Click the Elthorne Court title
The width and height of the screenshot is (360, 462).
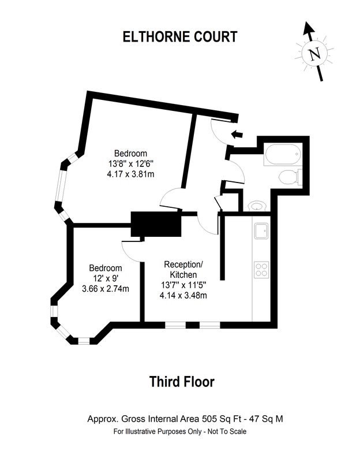[180, 37]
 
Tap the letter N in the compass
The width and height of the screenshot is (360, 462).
[314, 54]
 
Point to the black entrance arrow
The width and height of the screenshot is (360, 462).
[237, 135]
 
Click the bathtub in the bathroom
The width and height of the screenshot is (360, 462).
[283, 154]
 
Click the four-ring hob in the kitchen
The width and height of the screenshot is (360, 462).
[261, 270]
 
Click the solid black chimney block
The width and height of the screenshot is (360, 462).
[156, 224]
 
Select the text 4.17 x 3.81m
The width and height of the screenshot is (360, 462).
[131, 174]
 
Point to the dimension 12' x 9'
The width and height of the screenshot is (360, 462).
[106, 278]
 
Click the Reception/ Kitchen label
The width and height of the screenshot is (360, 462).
[183, 269]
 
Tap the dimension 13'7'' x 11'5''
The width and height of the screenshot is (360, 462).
[183, 285]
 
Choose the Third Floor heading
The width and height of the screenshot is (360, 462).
[182, 382]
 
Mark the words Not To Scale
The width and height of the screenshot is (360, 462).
[227, 431]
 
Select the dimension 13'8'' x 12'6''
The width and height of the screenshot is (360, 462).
[131, 163]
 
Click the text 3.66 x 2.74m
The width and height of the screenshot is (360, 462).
[106, 289]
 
